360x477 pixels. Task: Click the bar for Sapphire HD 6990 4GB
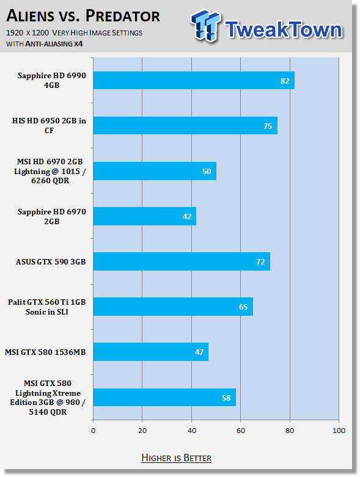point(194,80)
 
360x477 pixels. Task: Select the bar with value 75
point(185,125)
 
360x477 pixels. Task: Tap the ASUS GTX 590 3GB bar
point(182,261)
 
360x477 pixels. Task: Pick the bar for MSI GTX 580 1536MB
point(151,352)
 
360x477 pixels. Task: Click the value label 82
point(285,81)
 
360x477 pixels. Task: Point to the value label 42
point(187,217)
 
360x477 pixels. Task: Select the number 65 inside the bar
point(243,307)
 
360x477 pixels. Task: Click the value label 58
point(226,398)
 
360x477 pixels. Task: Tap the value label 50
point(207,171)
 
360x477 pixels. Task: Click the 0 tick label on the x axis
point(93,431)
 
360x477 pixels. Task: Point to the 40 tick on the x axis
point(192,431)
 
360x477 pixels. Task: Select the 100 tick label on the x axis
point(339,431)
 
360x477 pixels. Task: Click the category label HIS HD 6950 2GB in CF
point(49,125)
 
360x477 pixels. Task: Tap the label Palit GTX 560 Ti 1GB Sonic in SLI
point(47,307)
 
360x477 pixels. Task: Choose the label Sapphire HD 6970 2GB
point(52,216)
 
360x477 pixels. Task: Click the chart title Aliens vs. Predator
point(83,16)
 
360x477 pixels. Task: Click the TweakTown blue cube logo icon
point(205,26)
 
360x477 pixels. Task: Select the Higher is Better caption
point(177,458)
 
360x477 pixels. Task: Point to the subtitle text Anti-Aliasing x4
point(54,44)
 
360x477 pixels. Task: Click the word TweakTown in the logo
point(284,29)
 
